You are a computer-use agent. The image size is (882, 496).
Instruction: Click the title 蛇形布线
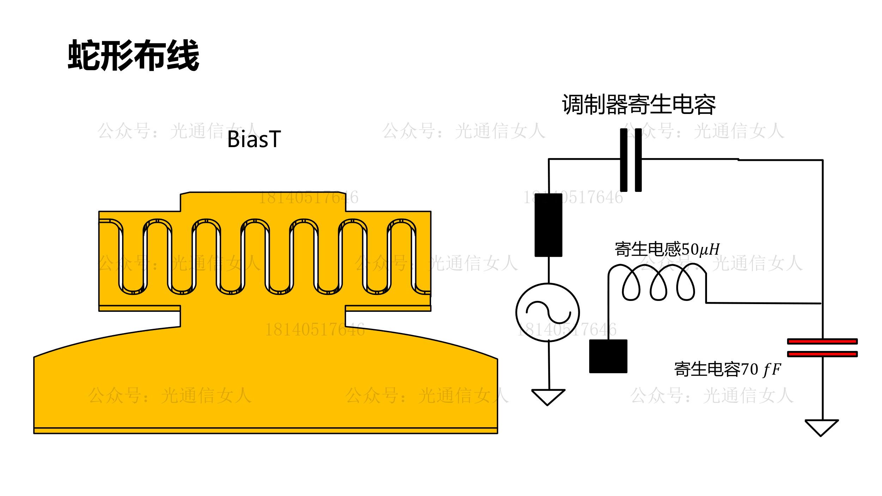pyautogui.click(x=133, y=55)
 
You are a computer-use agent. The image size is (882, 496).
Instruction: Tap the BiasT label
pyautogui.click(x=254, y=139)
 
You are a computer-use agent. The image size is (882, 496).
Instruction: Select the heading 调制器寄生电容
pyautogui.click(x=639, y=104)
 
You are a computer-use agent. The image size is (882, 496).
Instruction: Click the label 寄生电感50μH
pyautogui.click(x=667, y=249)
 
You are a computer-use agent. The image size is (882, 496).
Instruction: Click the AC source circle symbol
pyautogui.click(x=548, y=312)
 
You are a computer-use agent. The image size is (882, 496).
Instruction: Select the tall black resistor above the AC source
pyautogui.click(x=548, y=225)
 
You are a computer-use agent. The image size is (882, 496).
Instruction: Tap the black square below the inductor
pyautogui.click(x=608, y=356)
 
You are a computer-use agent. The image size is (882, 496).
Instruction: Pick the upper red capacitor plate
pyautogui.click(x=822, y=341)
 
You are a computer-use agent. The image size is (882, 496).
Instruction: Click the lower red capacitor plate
pyautogui.click(x=822, y=354)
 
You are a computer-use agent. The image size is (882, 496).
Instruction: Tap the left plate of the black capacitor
pyautogui.click(x=624, y=160)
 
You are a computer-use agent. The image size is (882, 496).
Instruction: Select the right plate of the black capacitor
pyautogui.click(x=638, y=160)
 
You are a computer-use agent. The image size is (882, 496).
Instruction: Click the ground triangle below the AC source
pyautogui.click(x=548, y=396)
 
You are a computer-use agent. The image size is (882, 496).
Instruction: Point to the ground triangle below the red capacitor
pyautogui.click(x=822, y=427)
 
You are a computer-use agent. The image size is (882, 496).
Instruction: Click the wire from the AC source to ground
pyautogui.click(x=549, y=365)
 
